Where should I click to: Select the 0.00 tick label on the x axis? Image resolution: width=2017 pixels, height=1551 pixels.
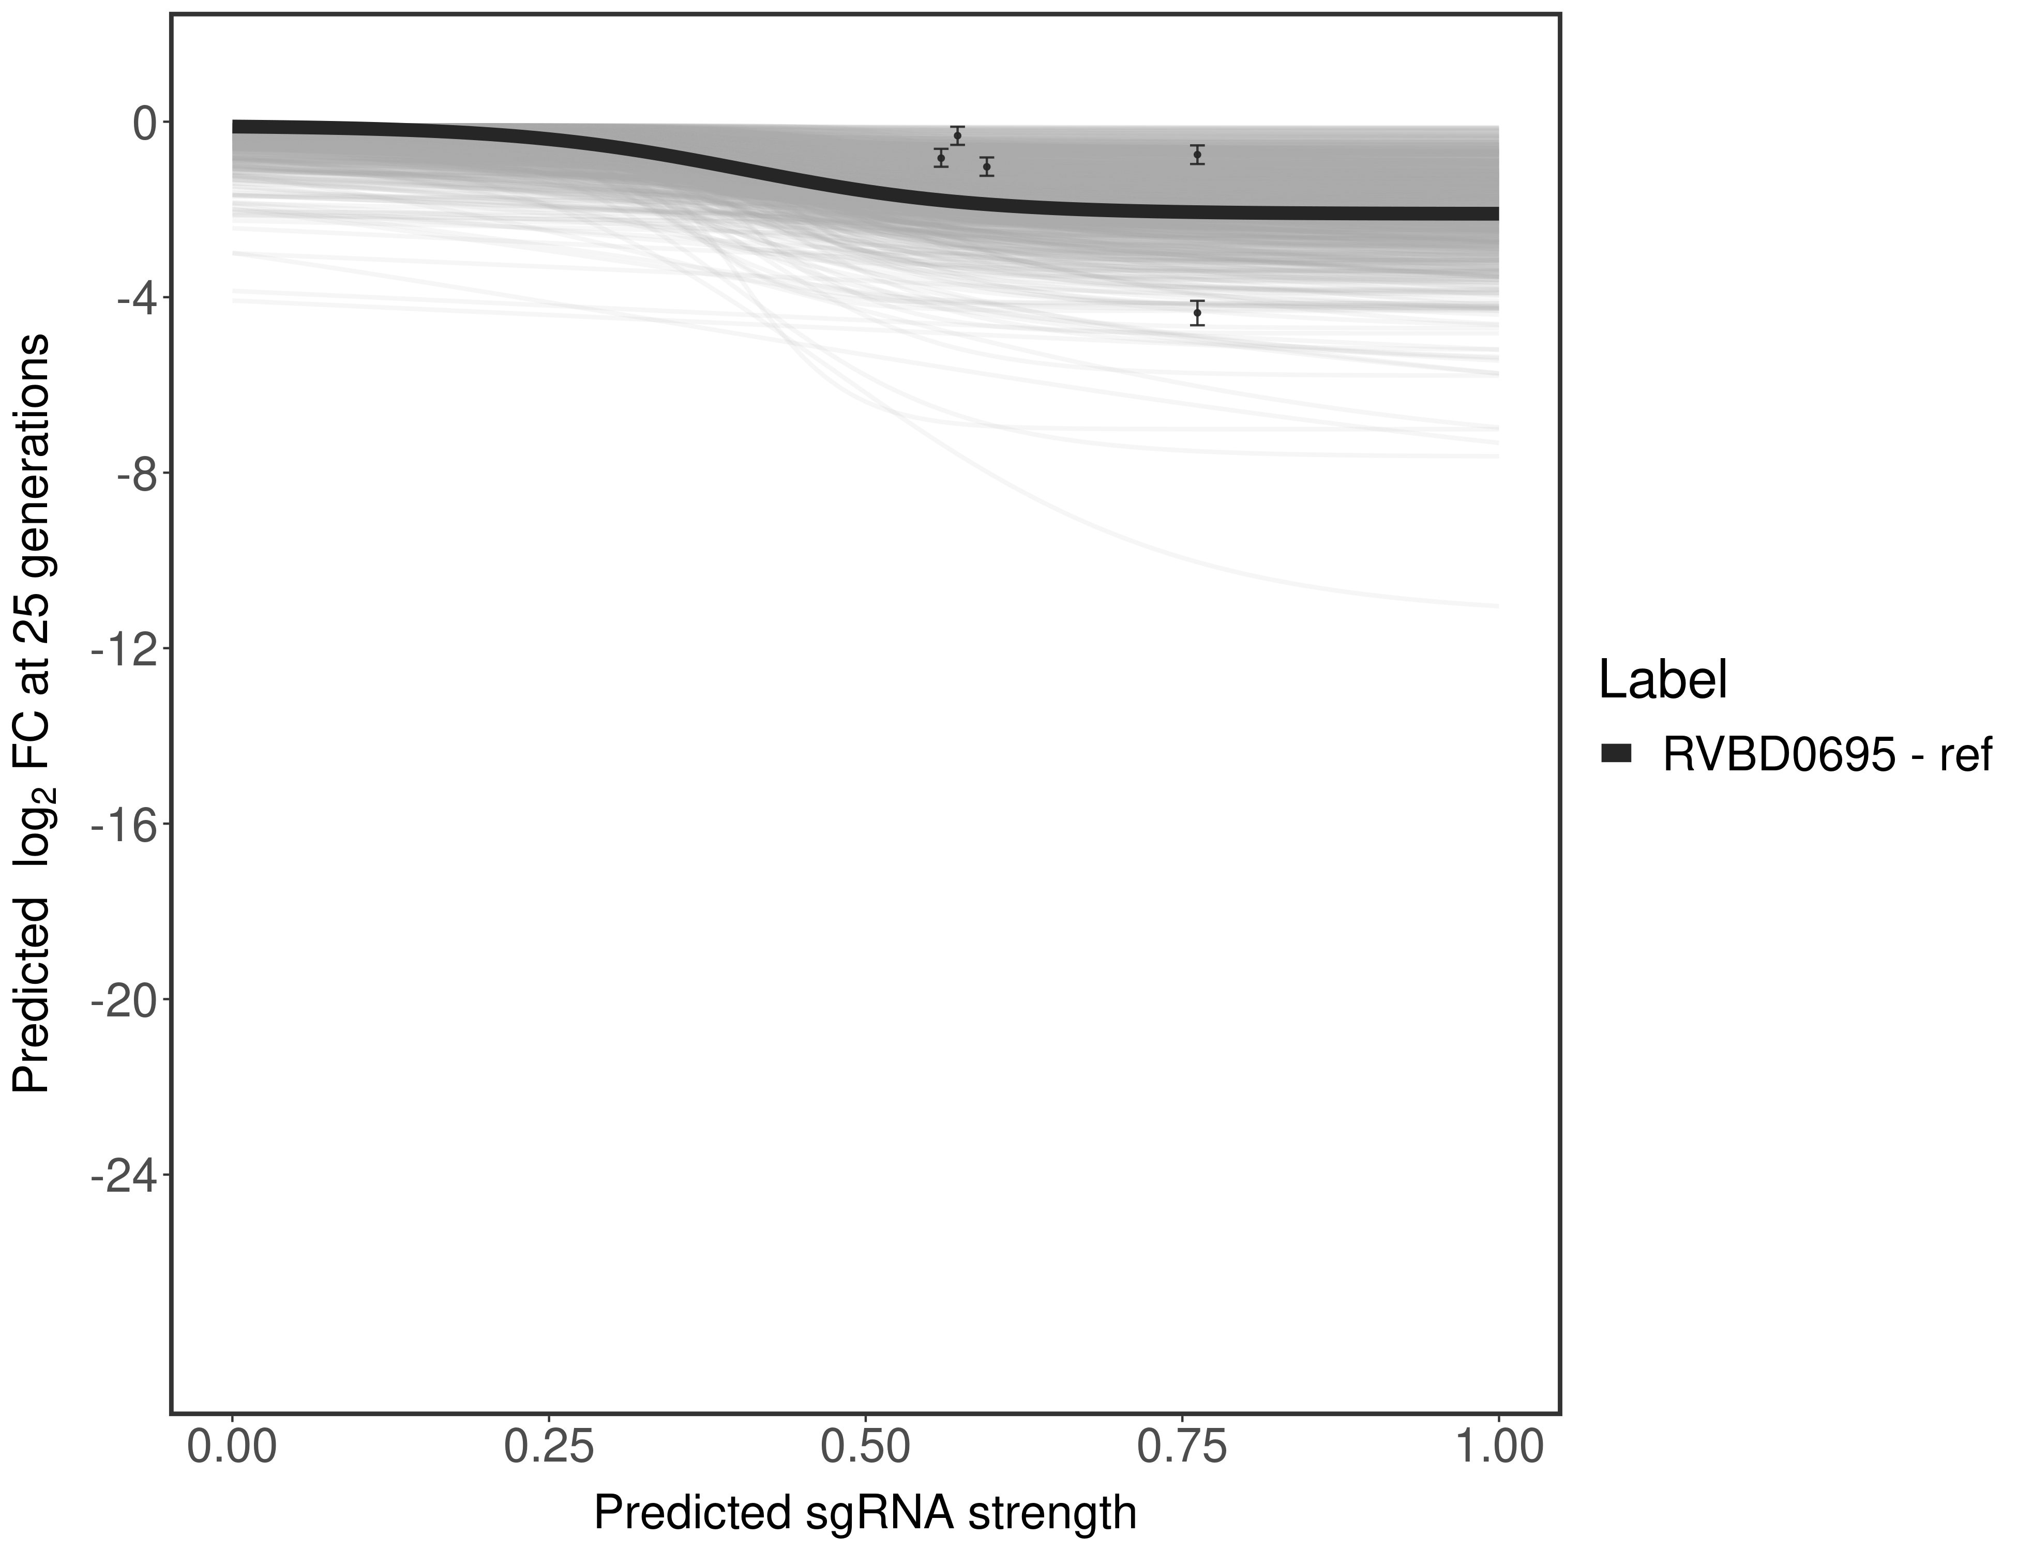coord(232,1447)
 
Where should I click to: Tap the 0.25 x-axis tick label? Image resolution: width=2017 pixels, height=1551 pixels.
coord(549,1447)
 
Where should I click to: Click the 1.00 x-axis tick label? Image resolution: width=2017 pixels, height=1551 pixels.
coord(1498,1447)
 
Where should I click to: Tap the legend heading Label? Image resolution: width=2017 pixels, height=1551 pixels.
coord(1662,680)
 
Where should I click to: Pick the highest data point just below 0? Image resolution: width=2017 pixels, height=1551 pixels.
coord(958,135)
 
